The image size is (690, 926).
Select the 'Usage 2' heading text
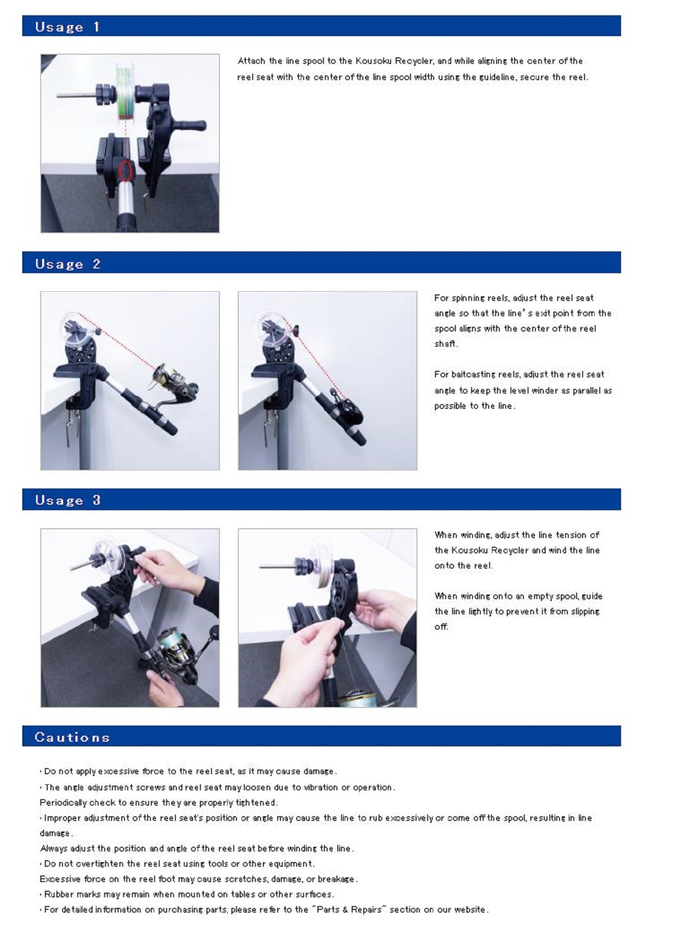68,264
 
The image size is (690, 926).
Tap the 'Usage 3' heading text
68,500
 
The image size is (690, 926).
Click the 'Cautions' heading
72,737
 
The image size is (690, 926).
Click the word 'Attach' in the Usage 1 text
251,61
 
